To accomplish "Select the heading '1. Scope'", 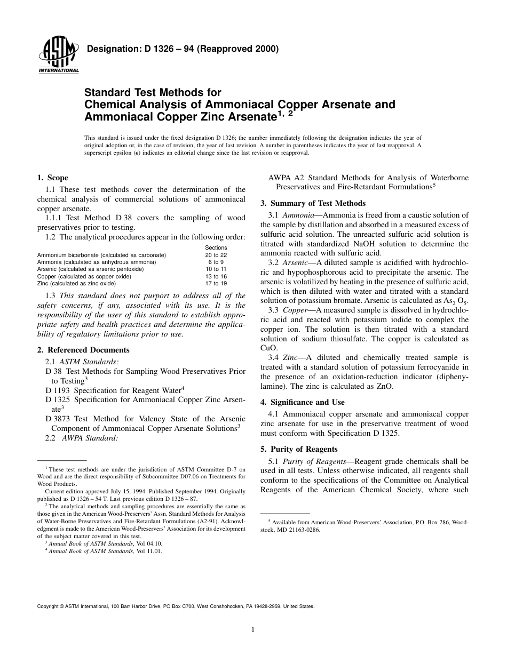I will tap(52, 178).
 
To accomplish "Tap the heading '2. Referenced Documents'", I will tap(83, 350).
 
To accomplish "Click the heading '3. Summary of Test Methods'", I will tap(313, 203).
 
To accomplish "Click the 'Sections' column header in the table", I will tap(216, 247).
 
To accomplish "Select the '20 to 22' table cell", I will tap(216, 255).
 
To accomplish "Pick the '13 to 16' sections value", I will tap(216, 276).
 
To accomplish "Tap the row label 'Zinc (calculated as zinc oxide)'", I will tap(76, 283).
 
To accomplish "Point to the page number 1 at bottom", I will tap(253, 630).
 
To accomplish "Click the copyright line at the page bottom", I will tap(176, 606).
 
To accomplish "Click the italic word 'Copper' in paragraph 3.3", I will tap(295, 309).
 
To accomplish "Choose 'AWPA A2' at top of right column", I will tap(286, 178).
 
